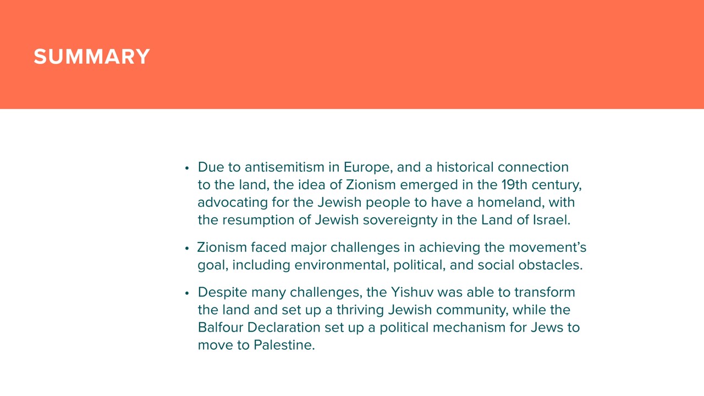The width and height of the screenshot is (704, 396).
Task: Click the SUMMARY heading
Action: [92, 57]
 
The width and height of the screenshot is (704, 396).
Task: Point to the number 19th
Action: [514, 185]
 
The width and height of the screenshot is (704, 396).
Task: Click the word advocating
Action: [233, 203]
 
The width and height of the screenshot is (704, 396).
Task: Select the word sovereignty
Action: [400, 221]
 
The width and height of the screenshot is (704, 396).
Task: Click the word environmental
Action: [342, 265]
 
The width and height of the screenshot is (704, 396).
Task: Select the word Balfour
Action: [221, 328]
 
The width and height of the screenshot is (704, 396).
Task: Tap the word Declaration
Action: [284, 328]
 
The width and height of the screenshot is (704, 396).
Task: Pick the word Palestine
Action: [284, 345]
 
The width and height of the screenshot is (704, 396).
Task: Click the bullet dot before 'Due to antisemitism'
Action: [187, 168]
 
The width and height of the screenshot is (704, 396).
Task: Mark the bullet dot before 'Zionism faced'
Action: [187, 248]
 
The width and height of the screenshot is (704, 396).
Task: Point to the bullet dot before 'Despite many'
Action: [187, 293]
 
